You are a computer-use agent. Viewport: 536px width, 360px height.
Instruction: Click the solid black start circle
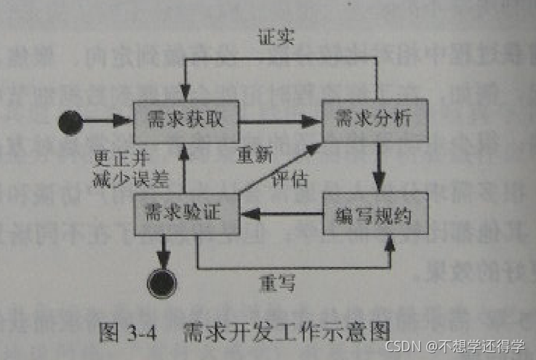71,121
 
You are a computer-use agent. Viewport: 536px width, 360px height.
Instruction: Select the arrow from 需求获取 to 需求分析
280,121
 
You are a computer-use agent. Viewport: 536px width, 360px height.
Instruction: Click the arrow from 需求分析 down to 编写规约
378,167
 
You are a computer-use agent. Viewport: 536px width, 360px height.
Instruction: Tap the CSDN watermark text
455,345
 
